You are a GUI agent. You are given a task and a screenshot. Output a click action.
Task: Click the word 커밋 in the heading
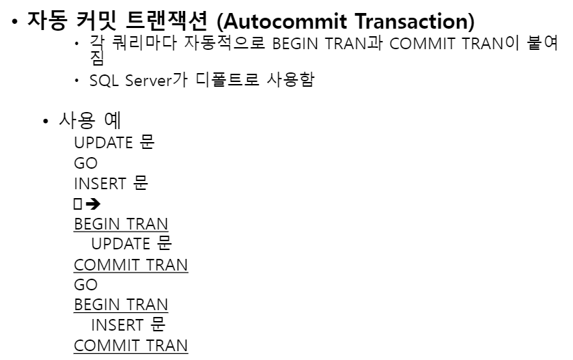(x=100, y=20)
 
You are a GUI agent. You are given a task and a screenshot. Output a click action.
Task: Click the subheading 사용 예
(x=90, y=122)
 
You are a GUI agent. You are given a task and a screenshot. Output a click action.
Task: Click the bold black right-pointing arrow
(x=93, y=204)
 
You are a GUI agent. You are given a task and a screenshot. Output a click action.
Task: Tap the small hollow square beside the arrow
(x=78, y=204)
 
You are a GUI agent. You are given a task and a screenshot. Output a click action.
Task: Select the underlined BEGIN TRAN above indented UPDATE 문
(x=121, y=223)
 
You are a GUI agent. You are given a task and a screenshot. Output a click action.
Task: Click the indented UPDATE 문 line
(x=131, y=244)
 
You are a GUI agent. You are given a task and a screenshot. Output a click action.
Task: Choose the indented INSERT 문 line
(x=128, y=324)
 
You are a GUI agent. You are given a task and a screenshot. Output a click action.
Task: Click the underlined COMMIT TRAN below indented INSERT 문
(x=130, y=345)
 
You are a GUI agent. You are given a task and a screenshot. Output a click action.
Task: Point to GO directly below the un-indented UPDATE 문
(x=85, y=163)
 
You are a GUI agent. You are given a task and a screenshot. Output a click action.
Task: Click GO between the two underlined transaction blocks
(x=85, y=284)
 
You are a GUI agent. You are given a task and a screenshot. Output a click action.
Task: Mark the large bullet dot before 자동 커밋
(x=14, y=21)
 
